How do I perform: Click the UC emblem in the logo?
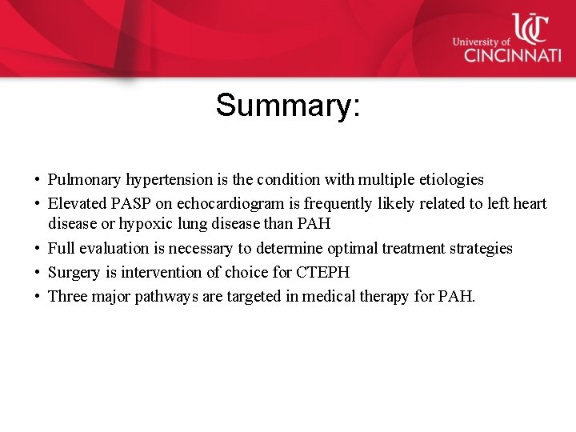529,28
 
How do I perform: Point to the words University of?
481,42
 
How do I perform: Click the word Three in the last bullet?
68,297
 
